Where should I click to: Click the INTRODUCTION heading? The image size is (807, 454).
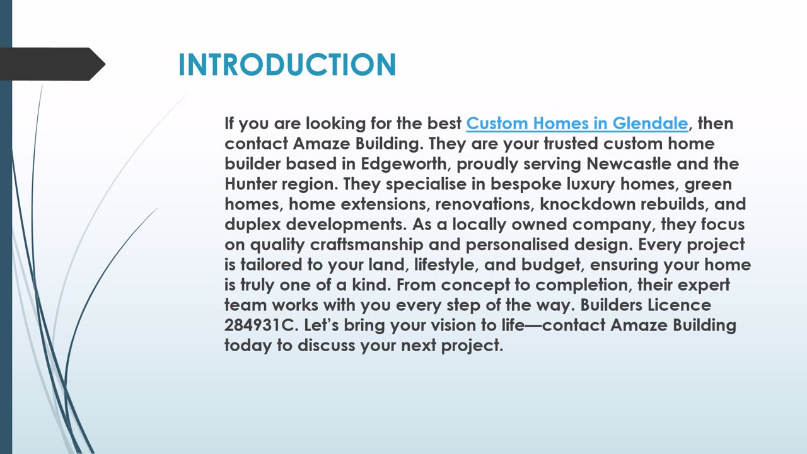287,64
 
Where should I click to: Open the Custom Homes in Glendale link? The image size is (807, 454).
577,123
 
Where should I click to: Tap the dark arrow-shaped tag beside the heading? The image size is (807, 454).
52,64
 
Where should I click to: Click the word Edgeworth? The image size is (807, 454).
404,165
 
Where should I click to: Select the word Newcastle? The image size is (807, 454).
629,163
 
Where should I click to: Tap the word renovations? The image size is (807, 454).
485,204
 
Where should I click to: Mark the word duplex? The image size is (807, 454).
253,225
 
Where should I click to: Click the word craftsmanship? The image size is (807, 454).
366,245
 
